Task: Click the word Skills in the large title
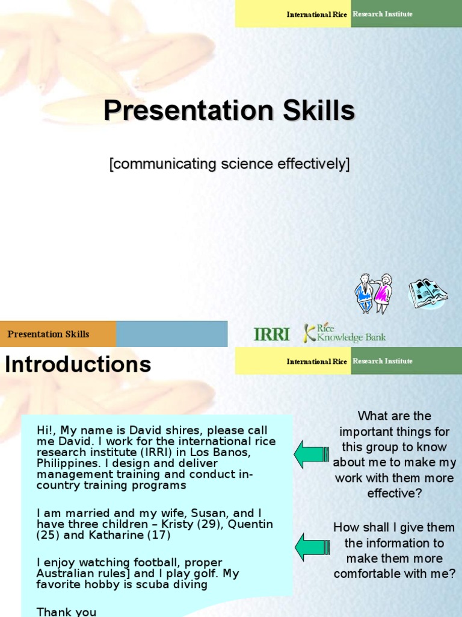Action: [315, 111]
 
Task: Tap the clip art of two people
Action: [373, 293]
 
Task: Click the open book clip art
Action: [428, 293]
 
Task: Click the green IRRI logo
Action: [271, 334]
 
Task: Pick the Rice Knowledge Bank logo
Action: [345, 333]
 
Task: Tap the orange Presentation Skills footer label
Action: [48, 334]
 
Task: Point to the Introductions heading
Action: [78, 365]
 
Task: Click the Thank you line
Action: [66, 612]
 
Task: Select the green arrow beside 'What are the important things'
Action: [311, 454]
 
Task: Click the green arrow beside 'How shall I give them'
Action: [311, 547]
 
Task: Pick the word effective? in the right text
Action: [395, 493]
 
